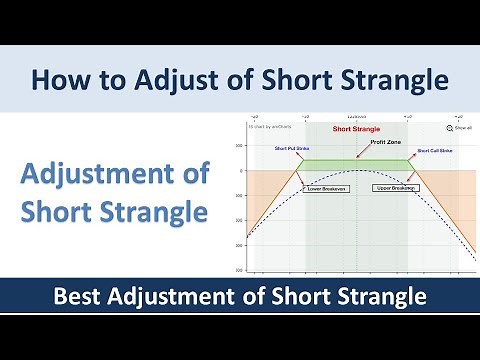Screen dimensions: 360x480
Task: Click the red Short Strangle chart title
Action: click(356, 129)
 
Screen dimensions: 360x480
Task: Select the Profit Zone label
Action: click(384, 142)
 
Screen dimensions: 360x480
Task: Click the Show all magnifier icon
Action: click(450, 128)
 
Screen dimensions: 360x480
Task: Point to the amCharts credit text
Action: click(271, 128)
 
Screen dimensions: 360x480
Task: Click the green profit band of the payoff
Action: click(355, 166)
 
